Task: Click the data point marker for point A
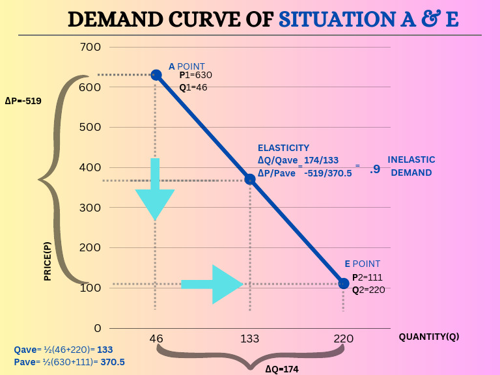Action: tap(156, 75)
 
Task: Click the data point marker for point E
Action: tap(344, 283)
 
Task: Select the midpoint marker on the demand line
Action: tap(250, 179)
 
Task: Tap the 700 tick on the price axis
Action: tap(90, 47)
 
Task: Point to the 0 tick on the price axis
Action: tap(97, 328)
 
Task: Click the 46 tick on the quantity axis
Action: tap(156, 339)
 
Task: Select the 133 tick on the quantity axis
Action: tap(250, 339)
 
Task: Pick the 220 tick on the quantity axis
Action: tap(344, 339)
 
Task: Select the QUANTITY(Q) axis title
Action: tap(428, 337)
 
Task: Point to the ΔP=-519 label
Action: tap(23, 101)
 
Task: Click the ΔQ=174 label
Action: tap(281, 368)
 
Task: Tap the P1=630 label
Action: tap(196, 75)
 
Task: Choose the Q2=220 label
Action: tap(368, 290)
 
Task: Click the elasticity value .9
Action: tap(374, 169)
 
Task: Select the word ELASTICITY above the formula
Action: tap(283, 148)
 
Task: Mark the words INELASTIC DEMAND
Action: tap(411, 166)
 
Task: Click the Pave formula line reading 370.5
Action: tap(69, 362)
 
